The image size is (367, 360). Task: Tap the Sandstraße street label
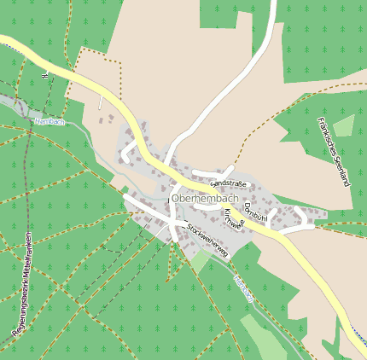click(228, 183)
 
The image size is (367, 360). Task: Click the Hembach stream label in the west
click(50, 122)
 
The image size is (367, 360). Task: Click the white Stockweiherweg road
click(149, 209)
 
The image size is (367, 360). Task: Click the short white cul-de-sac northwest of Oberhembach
click(128, 153)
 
